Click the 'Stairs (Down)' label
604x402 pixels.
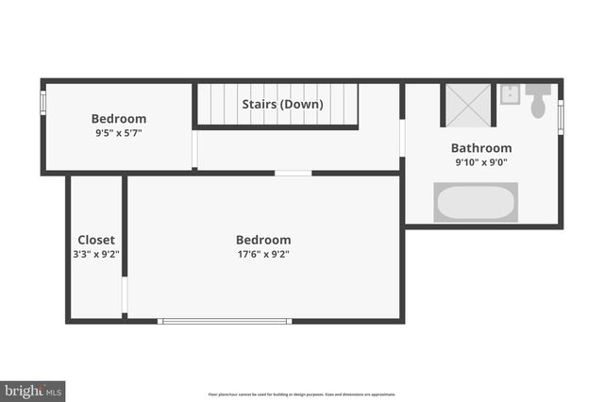[282, 104]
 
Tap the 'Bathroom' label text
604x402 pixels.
[481, 148]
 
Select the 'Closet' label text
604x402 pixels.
[96, 240]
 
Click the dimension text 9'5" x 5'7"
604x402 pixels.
[118, 133]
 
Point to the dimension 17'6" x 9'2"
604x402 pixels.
[263, 254]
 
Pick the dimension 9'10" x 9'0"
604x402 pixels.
[481, 162]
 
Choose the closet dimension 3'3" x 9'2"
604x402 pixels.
[96, 254]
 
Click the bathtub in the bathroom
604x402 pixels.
[476, 202]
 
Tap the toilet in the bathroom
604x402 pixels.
[539, 101]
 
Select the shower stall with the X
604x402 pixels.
[468, 104]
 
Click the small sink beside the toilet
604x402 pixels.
[510, 93]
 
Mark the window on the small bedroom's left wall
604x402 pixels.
[42, 104]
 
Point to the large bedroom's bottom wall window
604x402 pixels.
[225, 322]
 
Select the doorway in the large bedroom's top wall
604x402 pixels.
[293, 173]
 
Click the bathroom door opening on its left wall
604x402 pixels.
[402, 136]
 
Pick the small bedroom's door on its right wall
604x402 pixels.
[194, 148]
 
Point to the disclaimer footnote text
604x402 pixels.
[302, 394]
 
